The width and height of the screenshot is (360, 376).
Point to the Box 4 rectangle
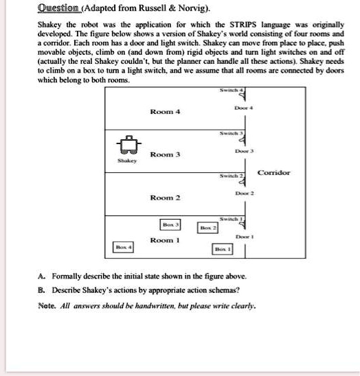pos(124,246)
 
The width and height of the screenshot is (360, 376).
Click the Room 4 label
pos(165,110)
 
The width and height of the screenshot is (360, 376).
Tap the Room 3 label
pos(165,154)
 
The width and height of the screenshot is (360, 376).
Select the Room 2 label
pos(165,198)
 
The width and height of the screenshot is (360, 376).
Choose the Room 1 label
pos(165,240)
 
